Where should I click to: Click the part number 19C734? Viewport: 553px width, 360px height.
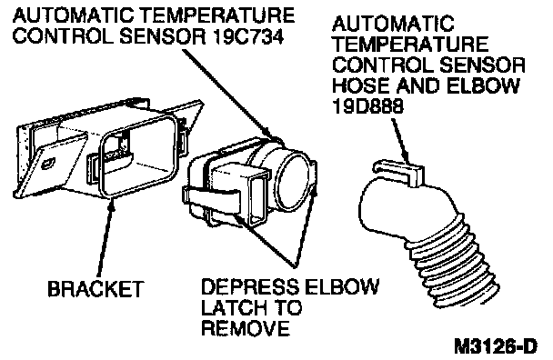pos(248,36)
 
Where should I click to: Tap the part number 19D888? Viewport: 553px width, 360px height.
pos(367,106)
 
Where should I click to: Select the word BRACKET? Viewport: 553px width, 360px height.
pos(96,289)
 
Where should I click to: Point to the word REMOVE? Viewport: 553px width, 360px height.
pos(246,328)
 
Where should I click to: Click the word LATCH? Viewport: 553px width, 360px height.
pos(230,307)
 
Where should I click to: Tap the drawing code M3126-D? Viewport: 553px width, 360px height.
pos(497,345)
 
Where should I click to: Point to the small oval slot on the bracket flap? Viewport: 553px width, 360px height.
pos(48,164)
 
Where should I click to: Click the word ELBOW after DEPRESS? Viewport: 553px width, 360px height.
pos(342,286)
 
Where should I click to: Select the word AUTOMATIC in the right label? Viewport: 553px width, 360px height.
pos(393,24)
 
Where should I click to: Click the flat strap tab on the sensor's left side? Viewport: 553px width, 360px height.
pos(211,199)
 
